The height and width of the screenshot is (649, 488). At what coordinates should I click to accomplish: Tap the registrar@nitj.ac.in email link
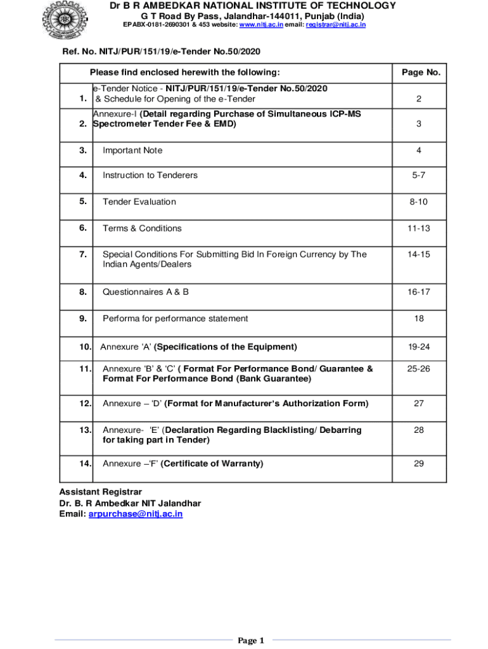(x=335, y=25)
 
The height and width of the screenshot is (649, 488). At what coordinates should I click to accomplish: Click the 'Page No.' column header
(x=421, y=73)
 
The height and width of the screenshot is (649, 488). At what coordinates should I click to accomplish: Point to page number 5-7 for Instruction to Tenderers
(x=418, y=175)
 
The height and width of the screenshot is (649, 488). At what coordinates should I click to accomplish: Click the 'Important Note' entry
(x=132, y=150)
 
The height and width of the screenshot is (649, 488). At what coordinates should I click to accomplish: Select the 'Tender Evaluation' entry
(x=139, y=202)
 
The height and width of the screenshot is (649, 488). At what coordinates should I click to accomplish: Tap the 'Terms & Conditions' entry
(x=142, y=228)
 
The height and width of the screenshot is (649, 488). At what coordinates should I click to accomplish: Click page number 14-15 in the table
(x=418, y=254)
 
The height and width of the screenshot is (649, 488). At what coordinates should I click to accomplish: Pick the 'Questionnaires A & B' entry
(x=146, y=292)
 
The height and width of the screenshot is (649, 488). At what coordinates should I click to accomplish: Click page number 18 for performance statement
(x=418, y=318)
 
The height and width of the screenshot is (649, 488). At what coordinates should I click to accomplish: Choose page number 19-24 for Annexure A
(x=418, y=347)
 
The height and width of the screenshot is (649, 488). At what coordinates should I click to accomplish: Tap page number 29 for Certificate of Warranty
(x=418, y=463)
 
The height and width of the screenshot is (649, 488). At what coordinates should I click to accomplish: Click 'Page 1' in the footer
(x=250, y=641)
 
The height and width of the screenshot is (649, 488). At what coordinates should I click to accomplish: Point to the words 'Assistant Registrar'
(x=100, y=492)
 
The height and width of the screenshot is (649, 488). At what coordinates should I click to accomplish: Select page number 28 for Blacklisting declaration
(x=418, y=430)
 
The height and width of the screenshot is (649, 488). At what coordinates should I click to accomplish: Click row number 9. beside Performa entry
(x=83, y=318)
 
